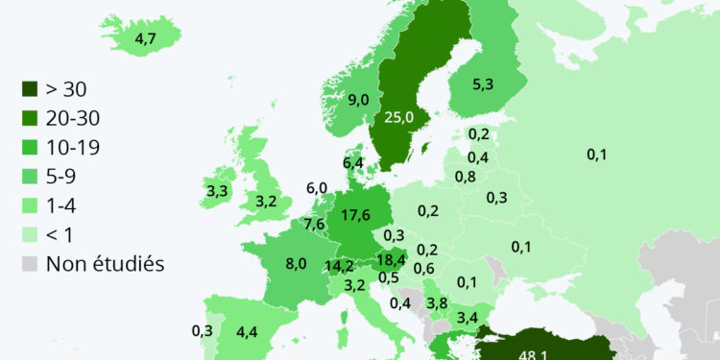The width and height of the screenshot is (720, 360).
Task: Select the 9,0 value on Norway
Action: (x=359, y=99)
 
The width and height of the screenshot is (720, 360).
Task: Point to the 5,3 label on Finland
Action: (x=483, y=84)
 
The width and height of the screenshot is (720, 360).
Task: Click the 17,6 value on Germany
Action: (x=356, y=215)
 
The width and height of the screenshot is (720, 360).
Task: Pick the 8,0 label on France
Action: (x=296, y=263)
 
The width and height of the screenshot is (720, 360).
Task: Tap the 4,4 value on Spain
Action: (x=247, y=332)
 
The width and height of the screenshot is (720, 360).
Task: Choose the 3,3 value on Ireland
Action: (x=217, y=191)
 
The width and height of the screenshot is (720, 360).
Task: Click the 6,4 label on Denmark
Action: (x=352, y=163)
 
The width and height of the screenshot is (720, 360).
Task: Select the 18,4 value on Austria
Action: (x=391, y=259)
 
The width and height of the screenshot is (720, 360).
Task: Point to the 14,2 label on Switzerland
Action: (x=339, y=266)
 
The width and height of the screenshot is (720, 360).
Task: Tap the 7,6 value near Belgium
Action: (x=314, y=225)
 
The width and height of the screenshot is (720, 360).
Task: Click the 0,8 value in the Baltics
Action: (x=466, y=177)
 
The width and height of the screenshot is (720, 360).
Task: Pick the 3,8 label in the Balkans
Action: (x=437, y=302)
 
